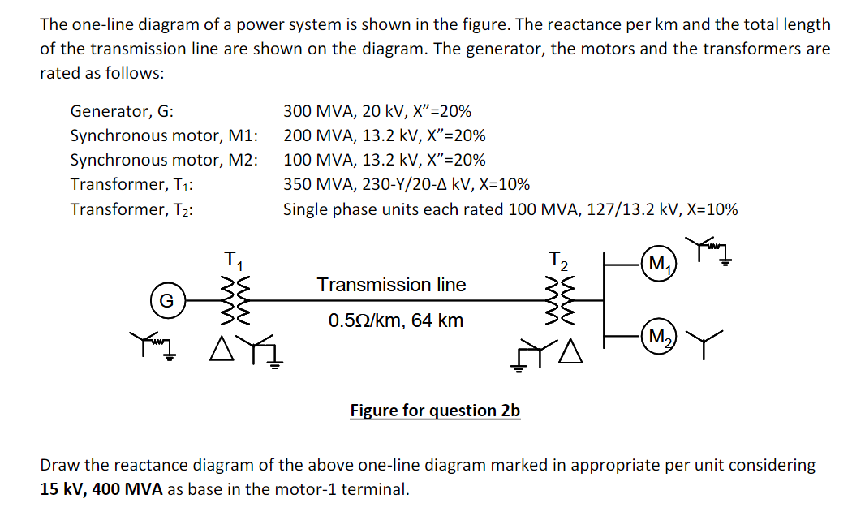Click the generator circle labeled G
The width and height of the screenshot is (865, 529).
coord(166,300)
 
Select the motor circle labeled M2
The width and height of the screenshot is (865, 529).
coord(658,335)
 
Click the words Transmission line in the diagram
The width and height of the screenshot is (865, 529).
coord(391,285)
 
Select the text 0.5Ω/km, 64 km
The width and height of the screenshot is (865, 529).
coord(396,320)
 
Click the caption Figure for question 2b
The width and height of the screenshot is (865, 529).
coord(435,411)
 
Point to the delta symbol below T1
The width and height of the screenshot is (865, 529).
coord(221,351)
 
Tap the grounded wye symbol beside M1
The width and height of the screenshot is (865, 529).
coord(708,248)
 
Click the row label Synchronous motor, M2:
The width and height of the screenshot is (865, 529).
coord(165,160)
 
